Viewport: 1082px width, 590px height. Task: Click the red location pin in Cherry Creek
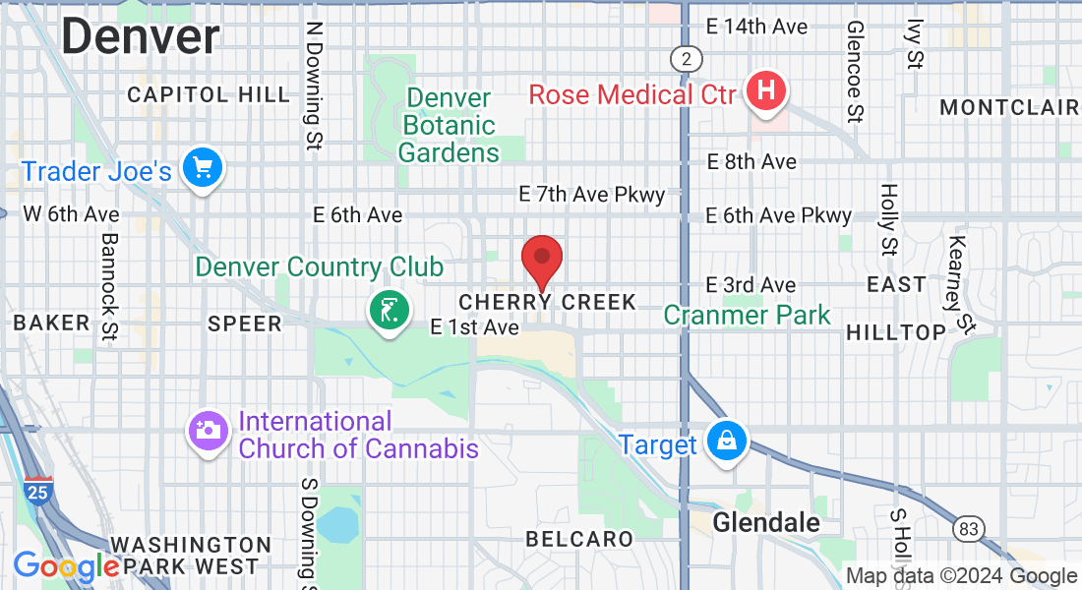541,259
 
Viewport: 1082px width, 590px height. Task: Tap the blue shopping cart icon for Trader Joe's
204,169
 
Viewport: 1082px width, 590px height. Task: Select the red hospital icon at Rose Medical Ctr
767,92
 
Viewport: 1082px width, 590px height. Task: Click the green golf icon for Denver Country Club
390,311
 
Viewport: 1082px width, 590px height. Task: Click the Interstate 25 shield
34,492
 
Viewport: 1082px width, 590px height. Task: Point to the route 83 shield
969,529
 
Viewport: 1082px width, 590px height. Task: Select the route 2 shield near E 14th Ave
686,59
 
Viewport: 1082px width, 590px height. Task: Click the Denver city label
140,37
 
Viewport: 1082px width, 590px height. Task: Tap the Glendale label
766,522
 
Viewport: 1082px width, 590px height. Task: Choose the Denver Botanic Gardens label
449,126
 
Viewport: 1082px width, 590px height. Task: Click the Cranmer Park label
747,316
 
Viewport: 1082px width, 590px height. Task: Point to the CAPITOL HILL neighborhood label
210,95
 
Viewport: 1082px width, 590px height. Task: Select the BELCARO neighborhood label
579,539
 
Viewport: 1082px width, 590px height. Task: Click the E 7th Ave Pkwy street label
593,195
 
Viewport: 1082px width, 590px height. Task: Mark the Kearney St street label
960,284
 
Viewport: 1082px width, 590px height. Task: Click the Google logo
66,566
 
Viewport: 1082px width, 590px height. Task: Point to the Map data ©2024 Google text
962,576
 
